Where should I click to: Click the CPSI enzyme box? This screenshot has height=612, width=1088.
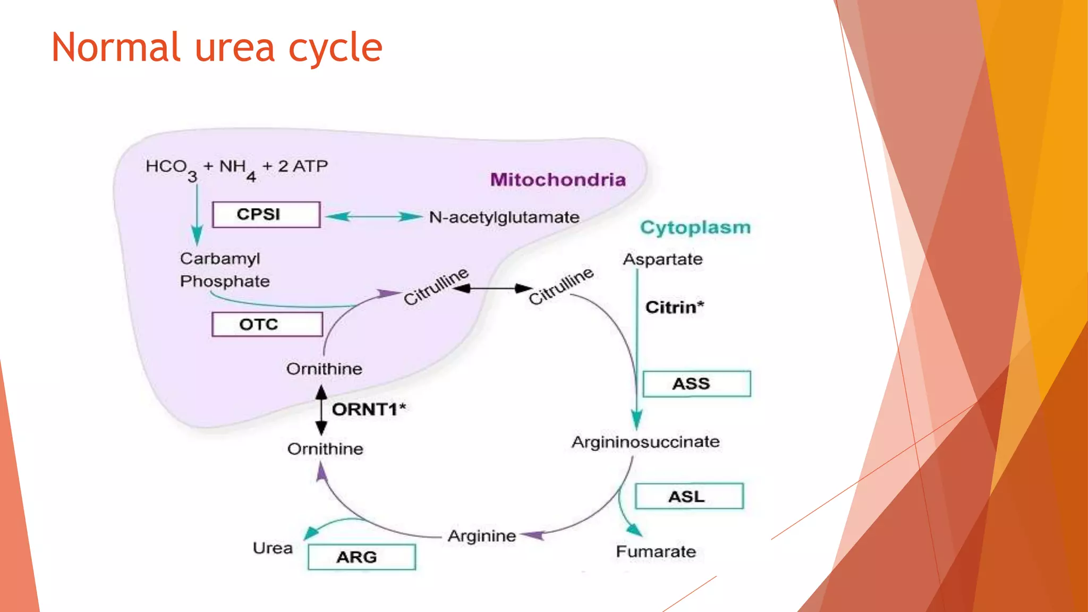pyautogui.click(x=266, y=215)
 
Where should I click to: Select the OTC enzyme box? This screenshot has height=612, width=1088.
pyautogui.click(x=267, y=324)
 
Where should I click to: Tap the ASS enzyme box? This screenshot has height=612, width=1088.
pyautogui.click(x=696, y=384)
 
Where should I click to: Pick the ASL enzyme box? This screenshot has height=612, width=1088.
pyautogui.click(x=689, y=496)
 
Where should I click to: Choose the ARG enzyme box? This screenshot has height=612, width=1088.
pyautogui.click(x=361, y=557)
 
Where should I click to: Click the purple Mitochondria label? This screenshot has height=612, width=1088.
pyautogui.click(x=558, y=180)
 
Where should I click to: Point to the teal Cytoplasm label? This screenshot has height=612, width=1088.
pyautogui.click(x=695, y=227)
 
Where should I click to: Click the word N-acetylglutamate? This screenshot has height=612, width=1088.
pyautogui.click(x=504, y=217)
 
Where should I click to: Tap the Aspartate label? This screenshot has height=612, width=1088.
pyautogui.click(x=662, y=259)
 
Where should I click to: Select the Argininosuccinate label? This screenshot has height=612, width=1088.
pyautogui.click(x=645, y=442)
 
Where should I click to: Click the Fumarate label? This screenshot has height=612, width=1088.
pyautogui.click(x=656, y=551)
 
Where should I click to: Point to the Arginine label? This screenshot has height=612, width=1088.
pyautogui.click(x=481, y=535)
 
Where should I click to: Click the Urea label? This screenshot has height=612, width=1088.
pyautogui.click(x=273, y=548)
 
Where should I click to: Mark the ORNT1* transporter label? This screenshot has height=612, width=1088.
pyautogui.click(x=368, y=409)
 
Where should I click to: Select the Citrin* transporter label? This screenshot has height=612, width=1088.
pyautogui.click(x=674, y=307)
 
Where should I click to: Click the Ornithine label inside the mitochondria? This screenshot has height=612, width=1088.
pyautogui.click(x=324, y=369)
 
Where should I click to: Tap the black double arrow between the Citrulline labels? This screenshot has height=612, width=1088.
pyautogui.click(x=492, y=288)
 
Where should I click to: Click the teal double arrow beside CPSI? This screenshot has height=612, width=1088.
pyautogui.click(x=373, y=216)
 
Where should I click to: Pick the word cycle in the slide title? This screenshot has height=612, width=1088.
pyautogui.click(x=335, y=48)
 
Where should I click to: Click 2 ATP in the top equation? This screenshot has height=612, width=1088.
pyautogui.click(x=303, y=166)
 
